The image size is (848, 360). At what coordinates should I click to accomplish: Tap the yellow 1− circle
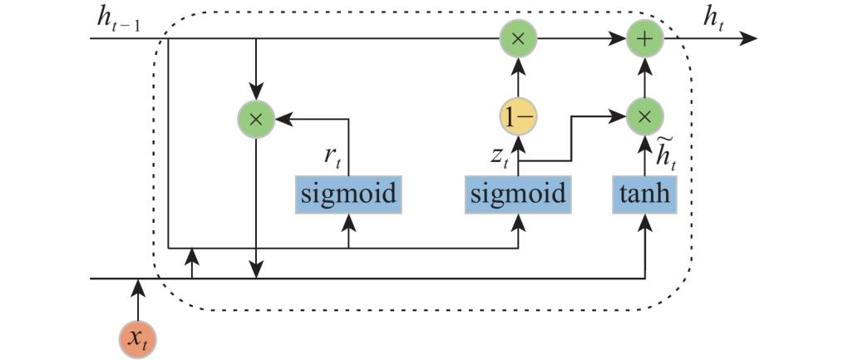(518, 118)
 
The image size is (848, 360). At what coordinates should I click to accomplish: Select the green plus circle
(645, 38)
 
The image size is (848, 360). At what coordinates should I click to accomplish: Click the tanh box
(644, 195)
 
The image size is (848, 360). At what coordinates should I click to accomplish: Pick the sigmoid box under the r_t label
(348, 195)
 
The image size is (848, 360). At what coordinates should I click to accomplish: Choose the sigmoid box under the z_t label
(517, 195)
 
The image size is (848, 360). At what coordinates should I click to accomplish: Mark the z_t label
(500, 155)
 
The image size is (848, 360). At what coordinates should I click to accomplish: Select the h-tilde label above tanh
(663, 154)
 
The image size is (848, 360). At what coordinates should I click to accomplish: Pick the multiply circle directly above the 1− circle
(518, 38)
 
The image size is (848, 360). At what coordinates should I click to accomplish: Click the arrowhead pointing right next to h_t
(749, 38)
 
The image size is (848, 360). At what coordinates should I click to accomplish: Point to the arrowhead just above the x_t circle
(138, 288)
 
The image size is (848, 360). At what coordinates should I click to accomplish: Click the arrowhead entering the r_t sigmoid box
(348, 222)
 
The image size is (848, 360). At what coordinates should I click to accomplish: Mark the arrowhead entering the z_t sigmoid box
(518, 222)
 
